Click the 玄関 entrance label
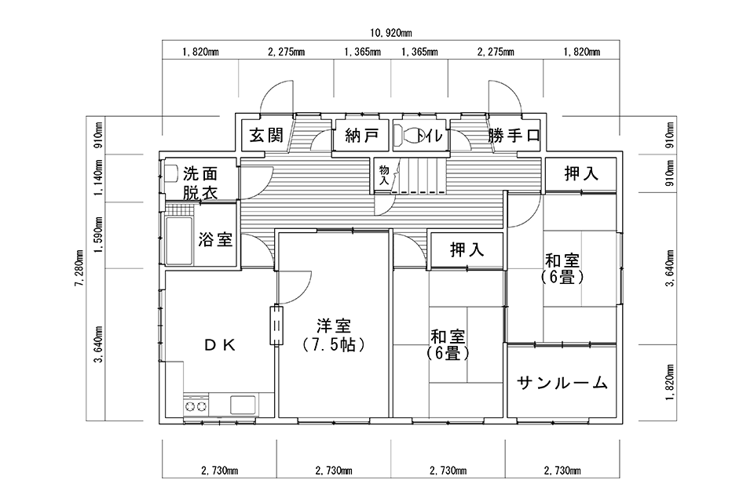click(x=266, y=136)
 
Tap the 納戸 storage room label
click(x=361, y=136)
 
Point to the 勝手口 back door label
click(x=514, y=136)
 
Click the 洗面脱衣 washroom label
click(x=200, y=183)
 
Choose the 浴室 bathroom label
click(x=215, y=238)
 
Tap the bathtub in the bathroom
click(x=179, y=240)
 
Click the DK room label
click(x=219, y=344)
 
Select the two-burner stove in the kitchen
click(x=196, y=406)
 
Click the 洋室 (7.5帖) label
click(x=334, y=335)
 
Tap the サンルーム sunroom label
click(x=562, y=383)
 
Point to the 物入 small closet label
click(x=384, y=176)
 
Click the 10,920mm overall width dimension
click(x=391, y=33)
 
